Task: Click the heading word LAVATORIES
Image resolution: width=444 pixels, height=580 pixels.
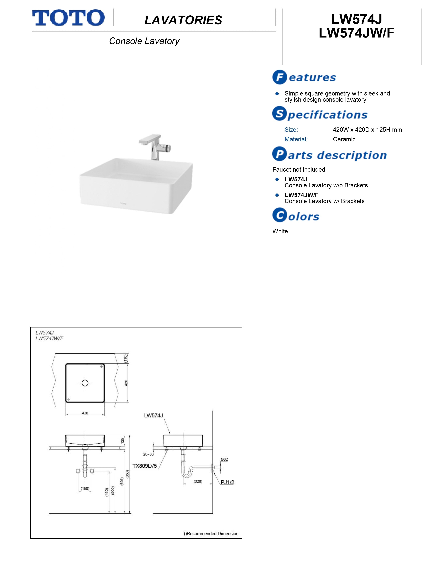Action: pos(183,20)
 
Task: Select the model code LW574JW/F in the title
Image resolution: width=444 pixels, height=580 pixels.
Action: pos(356,33)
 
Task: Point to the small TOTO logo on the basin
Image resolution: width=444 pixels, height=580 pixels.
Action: pos(123,204)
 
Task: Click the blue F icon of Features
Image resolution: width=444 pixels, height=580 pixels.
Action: pos(280,77)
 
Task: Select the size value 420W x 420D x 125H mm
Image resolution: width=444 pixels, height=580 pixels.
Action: pos(367,130)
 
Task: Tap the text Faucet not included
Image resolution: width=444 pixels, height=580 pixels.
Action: pos(299,170)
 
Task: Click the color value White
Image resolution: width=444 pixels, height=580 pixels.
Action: pos(280,231)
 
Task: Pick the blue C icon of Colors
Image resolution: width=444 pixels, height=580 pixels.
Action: pos(280,215)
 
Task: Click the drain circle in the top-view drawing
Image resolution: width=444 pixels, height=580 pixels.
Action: pos(85,383)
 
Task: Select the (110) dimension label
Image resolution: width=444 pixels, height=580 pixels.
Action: pos(126,358)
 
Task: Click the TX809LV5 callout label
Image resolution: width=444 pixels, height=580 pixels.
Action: pos(144,466)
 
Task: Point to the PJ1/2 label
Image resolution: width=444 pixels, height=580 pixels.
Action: pos(227,482)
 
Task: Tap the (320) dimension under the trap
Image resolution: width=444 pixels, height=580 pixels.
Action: pos(198,481)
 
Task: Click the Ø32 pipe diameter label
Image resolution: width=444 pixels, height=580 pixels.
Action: pos(224,459)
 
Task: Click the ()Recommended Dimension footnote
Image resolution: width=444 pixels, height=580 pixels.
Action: pos(211,533)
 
